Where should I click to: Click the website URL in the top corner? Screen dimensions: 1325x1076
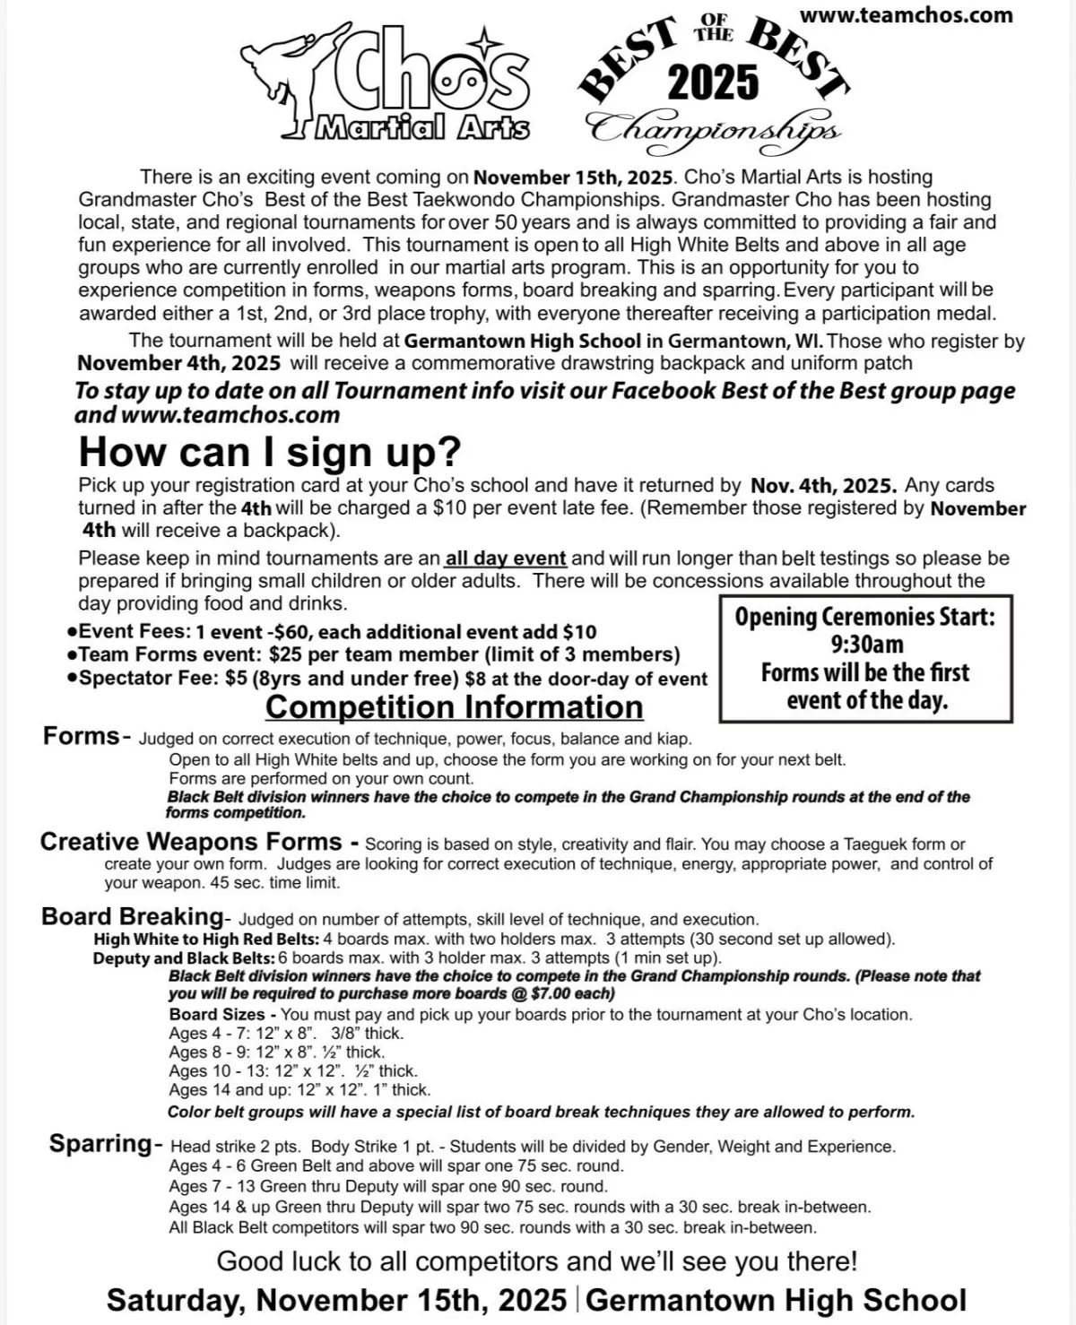906,15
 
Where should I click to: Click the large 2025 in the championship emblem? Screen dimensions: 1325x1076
714,83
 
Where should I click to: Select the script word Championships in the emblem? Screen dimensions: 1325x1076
714,128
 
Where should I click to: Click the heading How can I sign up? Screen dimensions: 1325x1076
269,452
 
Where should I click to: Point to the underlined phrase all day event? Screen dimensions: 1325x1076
506,559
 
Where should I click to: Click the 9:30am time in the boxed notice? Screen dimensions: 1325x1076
866,645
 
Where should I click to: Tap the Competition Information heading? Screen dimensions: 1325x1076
454,707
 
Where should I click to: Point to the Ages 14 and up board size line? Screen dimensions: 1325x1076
299,1090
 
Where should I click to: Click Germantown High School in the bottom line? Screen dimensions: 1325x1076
777,1300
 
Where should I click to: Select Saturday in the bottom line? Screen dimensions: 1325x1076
174,1300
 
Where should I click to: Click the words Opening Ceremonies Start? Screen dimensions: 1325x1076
865,617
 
